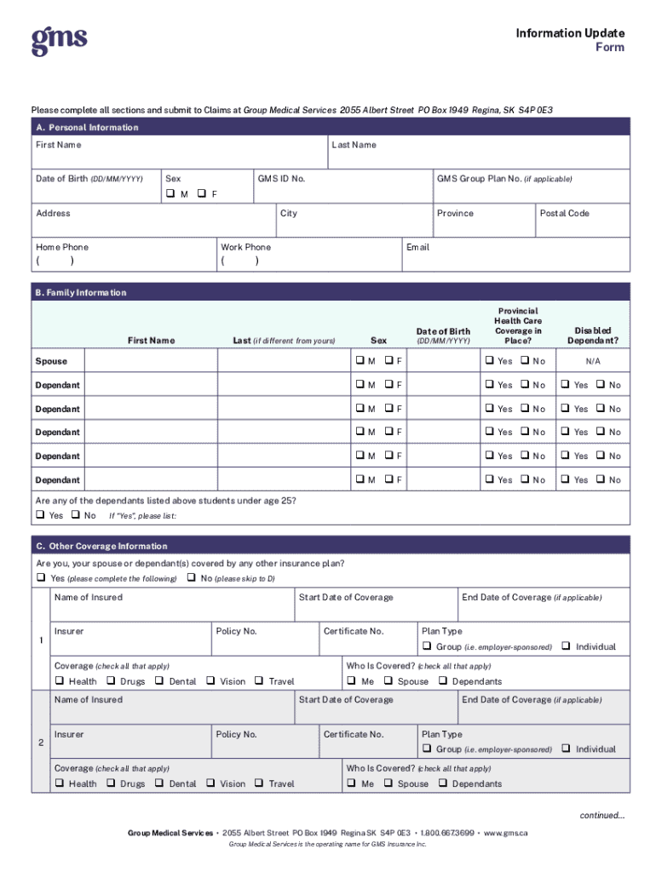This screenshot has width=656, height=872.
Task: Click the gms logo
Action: tap(59, 41)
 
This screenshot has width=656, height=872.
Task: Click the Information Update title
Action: tap(569, 33)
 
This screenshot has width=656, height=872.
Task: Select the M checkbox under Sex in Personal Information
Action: tap(170, 194)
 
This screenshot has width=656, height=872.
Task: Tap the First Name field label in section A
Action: tap(59, 145)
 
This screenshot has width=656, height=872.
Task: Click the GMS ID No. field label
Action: tap(281, 179)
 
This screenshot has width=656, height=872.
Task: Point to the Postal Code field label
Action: tap(564, 213)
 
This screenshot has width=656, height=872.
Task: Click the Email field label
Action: tap(417, 247)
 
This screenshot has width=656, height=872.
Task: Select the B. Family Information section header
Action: tap(80, 292)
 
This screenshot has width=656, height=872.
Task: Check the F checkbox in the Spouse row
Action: tap(388, 361)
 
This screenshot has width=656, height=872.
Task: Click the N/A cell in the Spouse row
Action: tap(592, 361)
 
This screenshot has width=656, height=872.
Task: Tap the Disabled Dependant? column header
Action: tap(592, 336)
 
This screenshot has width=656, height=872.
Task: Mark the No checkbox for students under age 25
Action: tap(76, 515)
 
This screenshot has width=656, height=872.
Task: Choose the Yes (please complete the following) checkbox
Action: tap(40, 578)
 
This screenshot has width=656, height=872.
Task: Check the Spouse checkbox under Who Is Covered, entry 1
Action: tap(388, 681)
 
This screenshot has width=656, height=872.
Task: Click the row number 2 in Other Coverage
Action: tap(41, 743)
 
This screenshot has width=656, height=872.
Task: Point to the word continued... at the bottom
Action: tap(602, 815)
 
